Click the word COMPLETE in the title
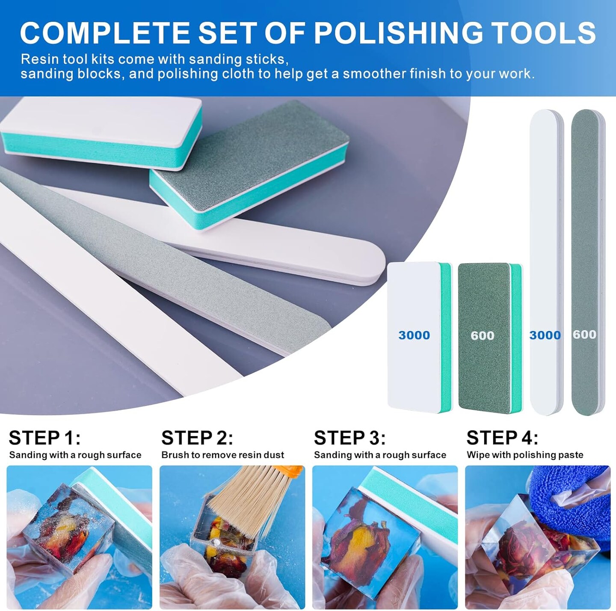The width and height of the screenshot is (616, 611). pyautogui.click(x=105, y=33)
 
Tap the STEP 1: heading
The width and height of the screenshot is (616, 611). pyautogui.click(x=44, y=438)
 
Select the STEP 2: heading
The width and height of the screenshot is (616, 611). pyautogui.click(x=197, y=438)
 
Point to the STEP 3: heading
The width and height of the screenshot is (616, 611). pyautogui.click(x=349, y=438)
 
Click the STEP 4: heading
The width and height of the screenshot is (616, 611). pyautogui.click(x=502, y=438)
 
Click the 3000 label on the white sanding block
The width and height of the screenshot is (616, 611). pyautogui.click(x=414, y=335)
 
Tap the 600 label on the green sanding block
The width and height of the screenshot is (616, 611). pyautogui.click(x=483, y=335)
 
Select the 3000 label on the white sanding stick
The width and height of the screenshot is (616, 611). pyautogui.click(x=545, y=335)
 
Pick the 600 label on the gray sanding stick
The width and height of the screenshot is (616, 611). pyautogui.click(x=585, y=334)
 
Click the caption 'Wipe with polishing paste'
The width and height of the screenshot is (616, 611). pyautogui.click(x=525, y=455)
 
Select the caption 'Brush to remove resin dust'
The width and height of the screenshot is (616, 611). pyautogui.click(x=222, y=455)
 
